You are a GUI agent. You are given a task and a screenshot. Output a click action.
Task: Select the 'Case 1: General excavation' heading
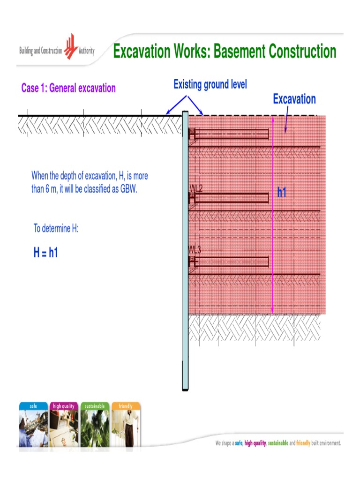tap(68, 88)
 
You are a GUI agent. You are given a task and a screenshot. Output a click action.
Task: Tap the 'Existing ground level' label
tap(210, 85)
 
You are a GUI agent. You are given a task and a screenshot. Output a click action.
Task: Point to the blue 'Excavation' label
tap(294, 99)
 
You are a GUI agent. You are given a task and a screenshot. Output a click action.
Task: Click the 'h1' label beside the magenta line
tap(282, 192)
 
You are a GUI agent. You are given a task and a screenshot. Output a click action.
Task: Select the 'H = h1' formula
tap(45, 253)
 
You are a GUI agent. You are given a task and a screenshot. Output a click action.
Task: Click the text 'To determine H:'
tap(56, 229)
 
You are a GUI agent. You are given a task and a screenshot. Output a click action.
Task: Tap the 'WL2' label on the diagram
tap(196, 188)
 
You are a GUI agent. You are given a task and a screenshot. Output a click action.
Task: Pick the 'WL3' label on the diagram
tap(195, 250)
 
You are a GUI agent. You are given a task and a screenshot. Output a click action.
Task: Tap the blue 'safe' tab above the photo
tap(34, 406)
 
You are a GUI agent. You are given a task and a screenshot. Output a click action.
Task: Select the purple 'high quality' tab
tap(64, 406)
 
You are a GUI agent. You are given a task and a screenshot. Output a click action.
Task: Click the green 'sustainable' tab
tap(95, 406)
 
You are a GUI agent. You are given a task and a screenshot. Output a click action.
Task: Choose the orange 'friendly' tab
tap(126, 406)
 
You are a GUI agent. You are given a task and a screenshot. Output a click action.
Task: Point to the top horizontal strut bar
tap(232, 135)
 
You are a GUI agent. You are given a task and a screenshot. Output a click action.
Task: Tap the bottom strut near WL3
tap(232, 262)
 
